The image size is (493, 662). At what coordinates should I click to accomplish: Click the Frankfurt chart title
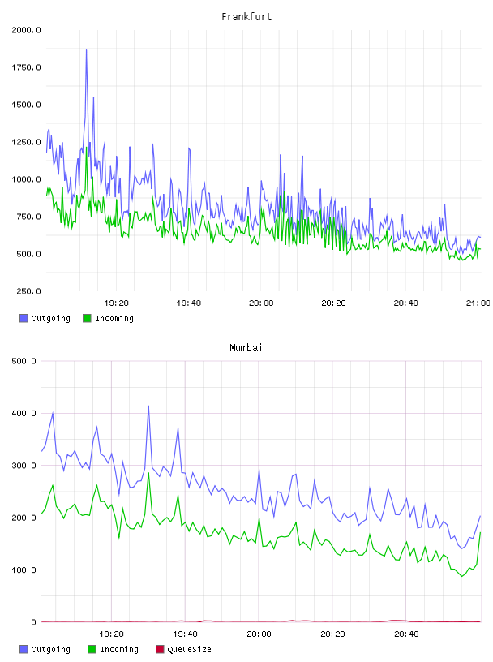pyautogui.click(x=246, y=17)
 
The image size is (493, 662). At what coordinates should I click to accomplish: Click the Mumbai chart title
pyautogui.click(x=246, y=348)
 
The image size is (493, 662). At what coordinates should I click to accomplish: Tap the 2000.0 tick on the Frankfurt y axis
pyautogui.click(x=26, y=30)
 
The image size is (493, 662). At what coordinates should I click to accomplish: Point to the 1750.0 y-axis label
pyautogui.click(x=26, y=67)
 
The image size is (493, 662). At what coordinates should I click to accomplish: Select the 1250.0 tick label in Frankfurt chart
pyautogui.click(x=26, y=142)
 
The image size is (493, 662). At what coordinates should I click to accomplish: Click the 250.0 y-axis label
pyautogui.click(x=28, y=291)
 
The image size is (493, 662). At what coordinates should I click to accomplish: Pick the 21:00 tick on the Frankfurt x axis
pyautogui.click(x=478, y=303)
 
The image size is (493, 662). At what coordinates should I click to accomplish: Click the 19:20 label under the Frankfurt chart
pyautogui.click(x=116, y=303)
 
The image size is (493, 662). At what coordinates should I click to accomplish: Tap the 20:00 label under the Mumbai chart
pyautogui.click(x=259, y=634)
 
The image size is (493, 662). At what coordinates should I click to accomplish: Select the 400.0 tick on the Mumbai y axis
pyautogui.click(x=24, y=413)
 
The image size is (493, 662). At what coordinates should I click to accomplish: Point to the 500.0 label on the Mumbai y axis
pyautogui.click(x=24, y=361)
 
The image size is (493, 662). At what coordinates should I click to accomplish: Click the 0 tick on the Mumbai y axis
pyautogui.click(x=34, y=622)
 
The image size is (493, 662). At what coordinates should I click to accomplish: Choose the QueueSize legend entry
pyautogui.click(x=183, y=649)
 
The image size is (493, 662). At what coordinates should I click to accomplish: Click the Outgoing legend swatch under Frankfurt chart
pyautogui.click(x=24, y=318)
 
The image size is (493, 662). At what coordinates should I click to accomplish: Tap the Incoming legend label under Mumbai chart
pyautogui.click(x=119, y=649)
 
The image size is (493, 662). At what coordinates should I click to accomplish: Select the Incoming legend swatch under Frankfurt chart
pyautogui.click(x=87, y=318)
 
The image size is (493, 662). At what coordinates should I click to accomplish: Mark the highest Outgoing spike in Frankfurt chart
pyautogui.click(x=87, y=50)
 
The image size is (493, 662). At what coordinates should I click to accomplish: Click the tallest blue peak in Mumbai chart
pyautogui.click(x=148, y=406)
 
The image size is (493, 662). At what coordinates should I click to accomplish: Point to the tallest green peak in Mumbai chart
pyautogui.click(x=148, y=473)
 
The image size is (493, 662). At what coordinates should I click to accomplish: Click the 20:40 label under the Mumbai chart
pyautogui.click(x=406, y=634)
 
